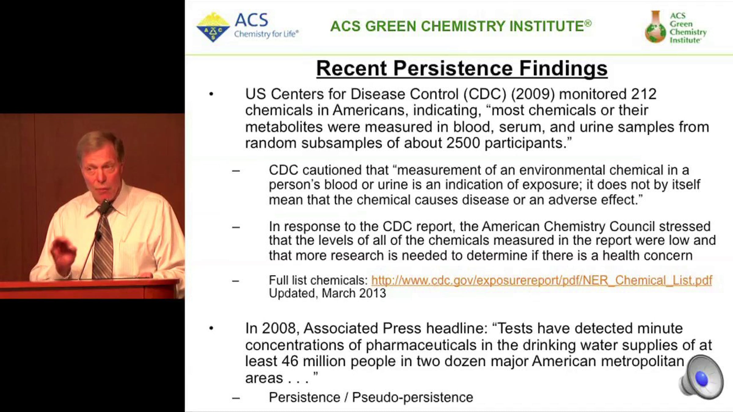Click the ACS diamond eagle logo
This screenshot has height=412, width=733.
point(213,27)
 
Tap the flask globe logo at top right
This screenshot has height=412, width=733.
point(655,27)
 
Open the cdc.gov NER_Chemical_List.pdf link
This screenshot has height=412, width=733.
point(542,280)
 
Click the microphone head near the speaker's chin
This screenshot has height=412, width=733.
point(106,206)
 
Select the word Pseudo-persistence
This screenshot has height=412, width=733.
point(413,398)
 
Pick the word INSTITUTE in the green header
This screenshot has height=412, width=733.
point(546,26)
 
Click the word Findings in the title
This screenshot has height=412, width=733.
point(563,69)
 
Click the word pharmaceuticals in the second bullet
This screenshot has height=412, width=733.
point(421,345)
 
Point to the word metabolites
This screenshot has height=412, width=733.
point(284,127)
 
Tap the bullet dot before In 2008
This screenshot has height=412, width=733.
point(211,328)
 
